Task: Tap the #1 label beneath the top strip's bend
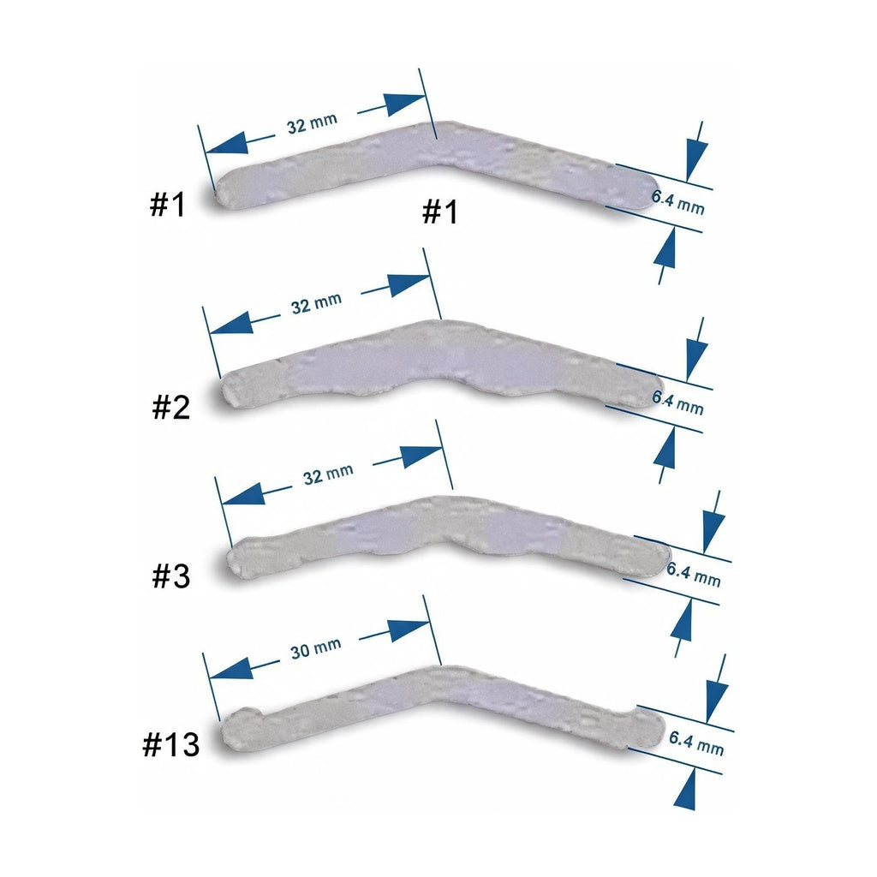[x=439, y=212]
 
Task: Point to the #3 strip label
[x=171, y=576]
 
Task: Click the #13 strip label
[x=171, y=744]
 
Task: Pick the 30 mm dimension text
[x=316, y=648]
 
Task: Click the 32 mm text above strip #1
[x=312, y=123]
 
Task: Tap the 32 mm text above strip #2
[x=317, y=303]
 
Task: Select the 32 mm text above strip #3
[x=328, y=474]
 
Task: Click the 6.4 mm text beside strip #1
[x=677, y=202]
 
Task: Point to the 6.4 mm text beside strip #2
[x=677, y=403]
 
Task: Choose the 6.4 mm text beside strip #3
[x=693, y=575]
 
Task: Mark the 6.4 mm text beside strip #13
[x=696, y=743]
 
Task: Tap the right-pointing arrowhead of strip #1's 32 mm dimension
[x=404, y=104]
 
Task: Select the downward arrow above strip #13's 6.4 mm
[x=717, y=689]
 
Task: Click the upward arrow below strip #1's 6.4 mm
[x=665, y=254]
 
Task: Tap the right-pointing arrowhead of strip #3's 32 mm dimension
[x=421, y=456]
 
